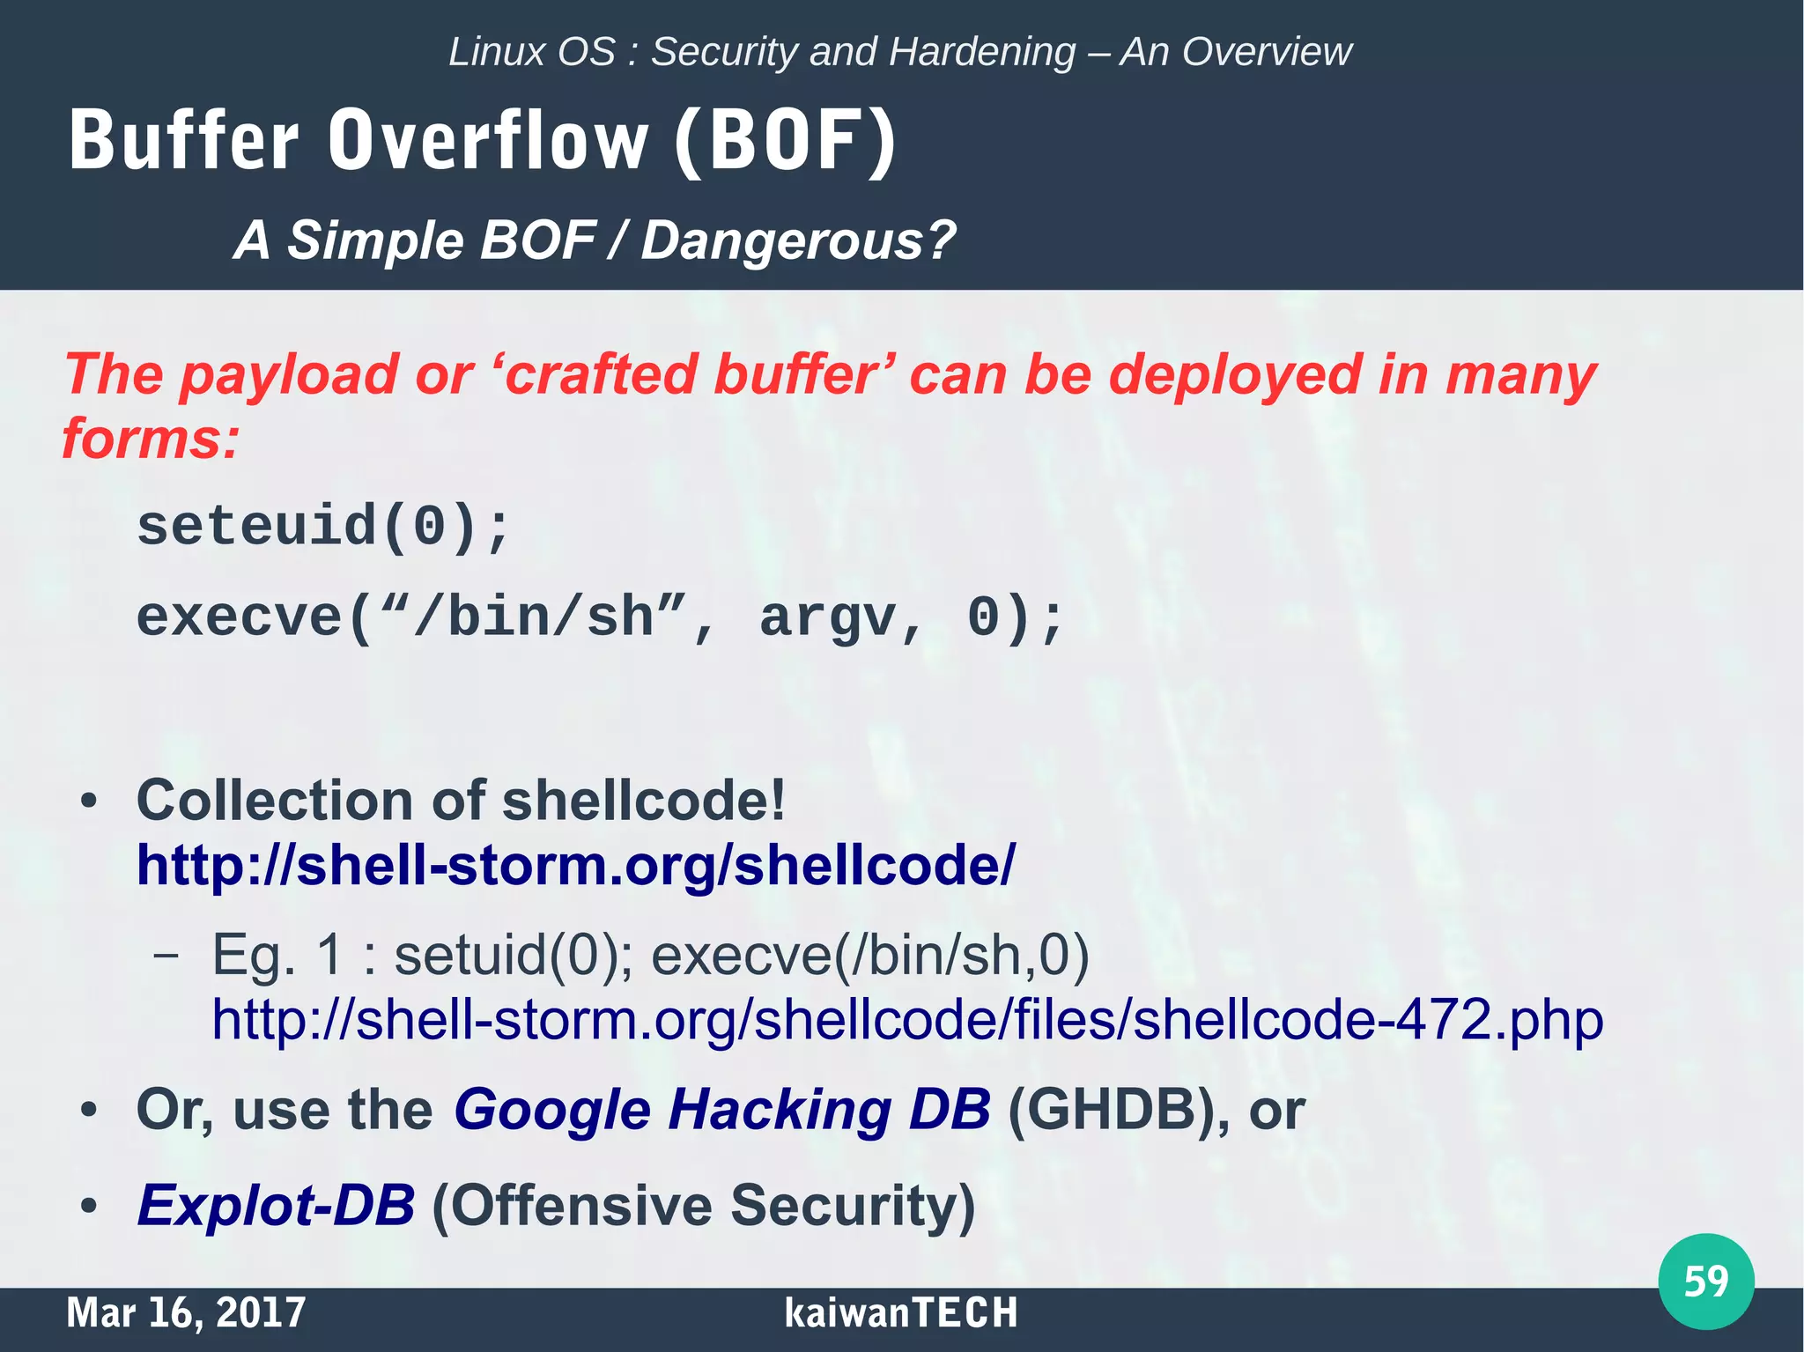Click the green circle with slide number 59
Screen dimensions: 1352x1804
(x=1705, y=1282)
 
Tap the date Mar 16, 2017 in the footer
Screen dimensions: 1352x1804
(x=186, y=1312)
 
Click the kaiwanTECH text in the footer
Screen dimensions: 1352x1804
(x=900, y=1312)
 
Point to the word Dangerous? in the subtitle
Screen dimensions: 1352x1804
(x=797, y=240)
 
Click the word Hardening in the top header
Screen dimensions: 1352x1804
(x=981, y=52)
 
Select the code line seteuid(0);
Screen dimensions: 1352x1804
(x=322, y=527)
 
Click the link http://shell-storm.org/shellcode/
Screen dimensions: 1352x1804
(x=575, y=865)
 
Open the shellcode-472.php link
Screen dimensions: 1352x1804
(x=907, y=1020)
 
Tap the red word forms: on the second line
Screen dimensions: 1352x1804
(x=150, y=439)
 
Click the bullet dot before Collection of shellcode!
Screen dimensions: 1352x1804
(x=88, y=802)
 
